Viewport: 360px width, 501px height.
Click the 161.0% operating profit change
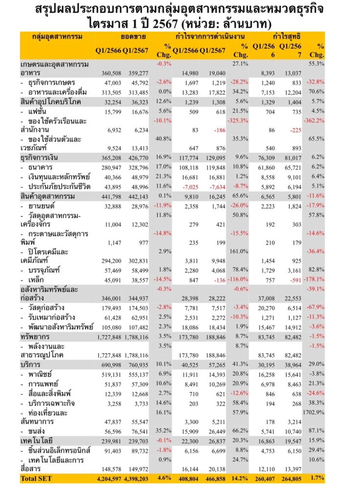[238, 251]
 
